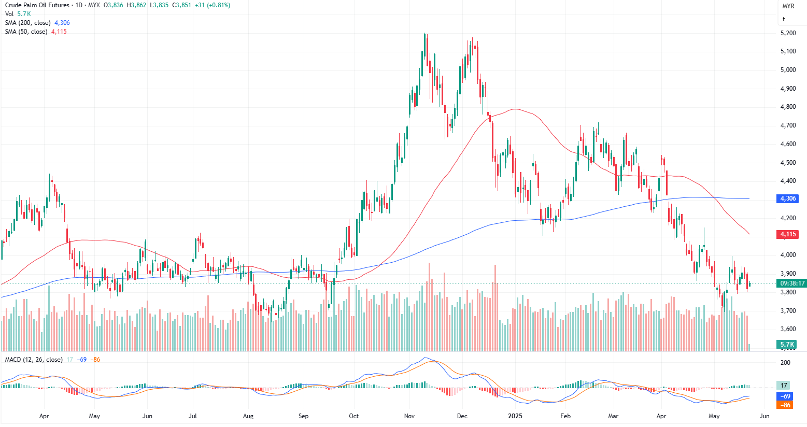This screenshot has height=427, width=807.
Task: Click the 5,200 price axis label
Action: (788, 33)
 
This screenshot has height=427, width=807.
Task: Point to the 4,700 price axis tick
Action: (788, 125)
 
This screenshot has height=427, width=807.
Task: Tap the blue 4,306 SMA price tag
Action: (788, 198)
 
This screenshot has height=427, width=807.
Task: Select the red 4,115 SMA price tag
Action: (788, 234)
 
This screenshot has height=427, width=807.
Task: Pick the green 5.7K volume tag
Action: (787, 345)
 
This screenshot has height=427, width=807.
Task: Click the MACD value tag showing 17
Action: (784, 385)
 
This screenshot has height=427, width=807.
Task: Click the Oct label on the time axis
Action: (353, 416)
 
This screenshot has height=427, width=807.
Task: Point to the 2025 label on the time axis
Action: (515, 416)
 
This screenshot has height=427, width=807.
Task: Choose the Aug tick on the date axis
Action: (248, 416)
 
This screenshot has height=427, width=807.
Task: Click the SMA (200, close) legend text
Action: (28, 23)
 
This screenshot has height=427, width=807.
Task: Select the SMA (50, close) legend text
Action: (26, 32)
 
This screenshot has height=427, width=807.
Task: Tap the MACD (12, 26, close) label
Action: (34, 360)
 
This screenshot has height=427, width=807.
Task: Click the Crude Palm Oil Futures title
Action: (37, 5)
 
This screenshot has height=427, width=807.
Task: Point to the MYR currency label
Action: (788, 6)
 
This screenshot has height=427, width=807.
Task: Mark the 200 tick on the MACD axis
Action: (785, 363)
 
